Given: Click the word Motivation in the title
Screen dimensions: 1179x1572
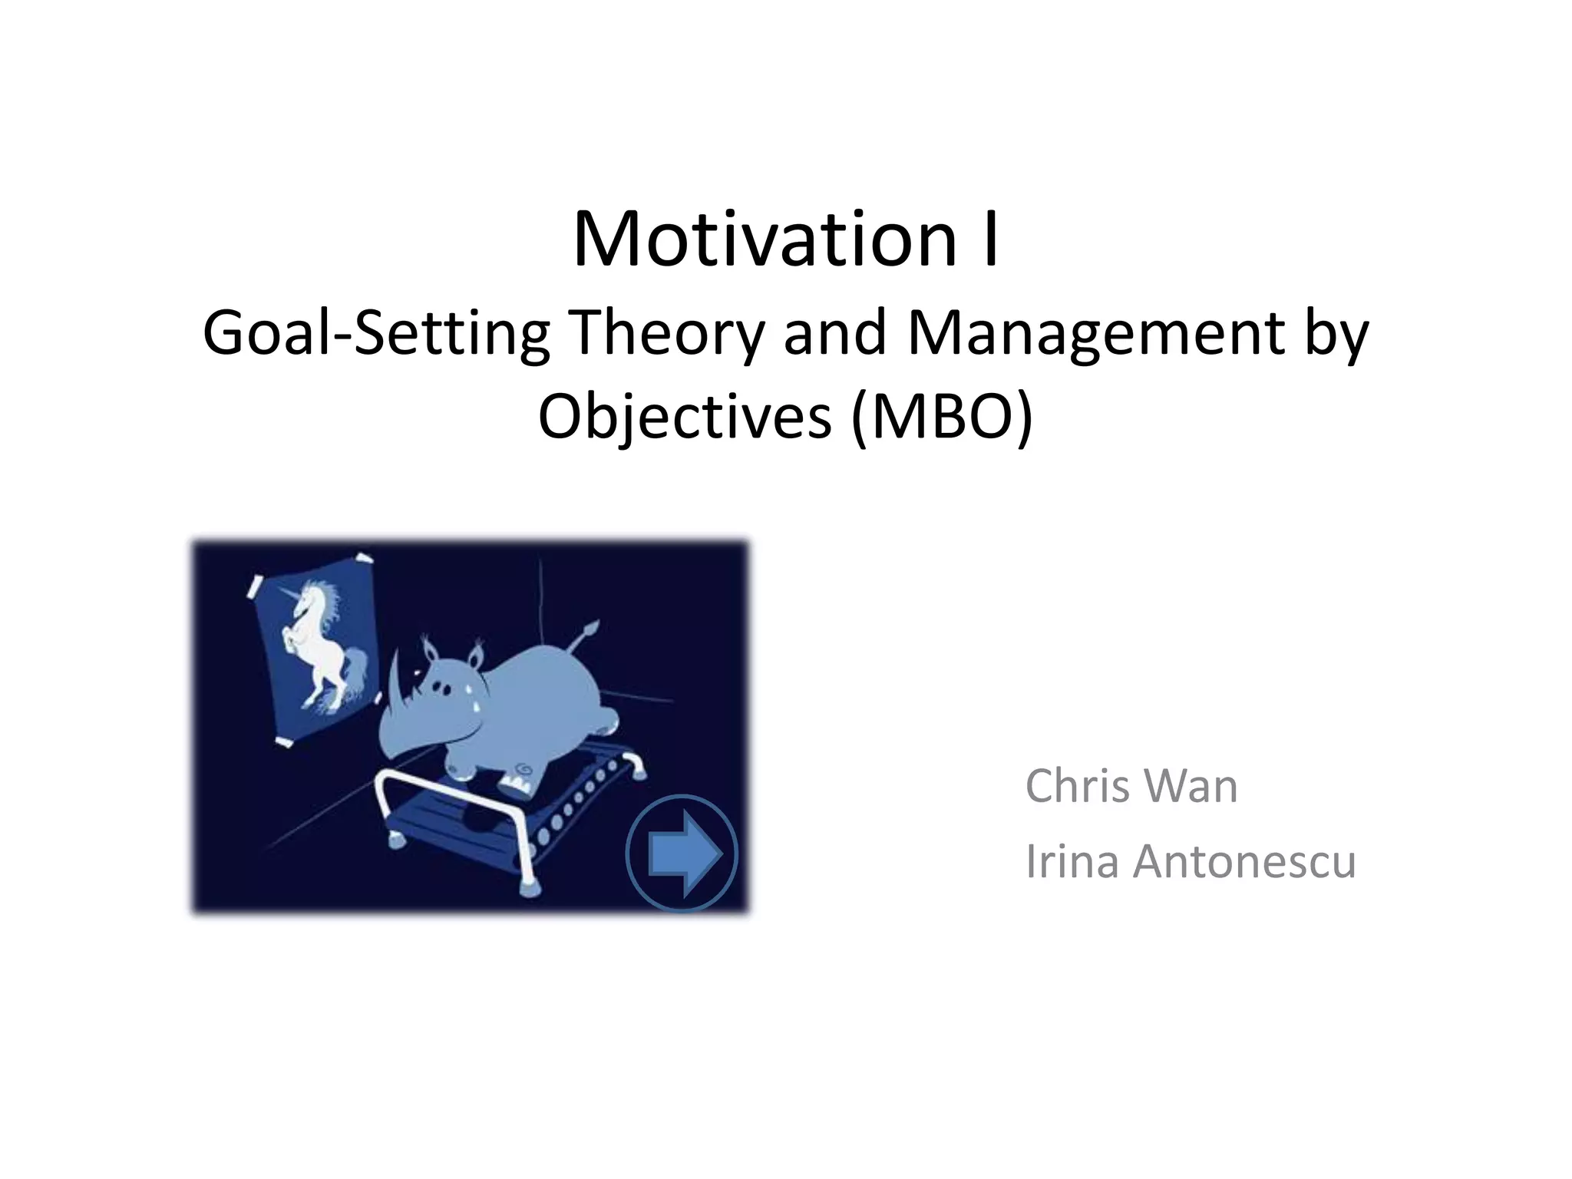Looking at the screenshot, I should (x=764, y=239).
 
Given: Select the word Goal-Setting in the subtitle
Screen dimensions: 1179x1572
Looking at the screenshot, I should (x=376, y=334).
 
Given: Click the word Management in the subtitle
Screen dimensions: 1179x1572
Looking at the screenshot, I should (x=1096, y=334).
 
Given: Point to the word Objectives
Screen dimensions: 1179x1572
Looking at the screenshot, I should (x=685, y=417).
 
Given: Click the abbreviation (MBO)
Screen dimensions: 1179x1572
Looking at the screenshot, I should (x=943, y=417).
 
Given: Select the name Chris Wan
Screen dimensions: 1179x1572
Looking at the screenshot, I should (x=1131, y=786).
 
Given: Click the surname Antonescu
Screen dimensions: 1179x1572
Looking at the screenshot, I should (x=1245, y=861).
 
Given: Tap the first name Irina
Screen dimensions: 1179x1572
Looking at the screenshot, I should (x=1072, y=861).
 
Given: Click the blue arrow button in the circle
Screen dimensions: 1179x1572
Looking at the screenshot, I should (x=682, y=854).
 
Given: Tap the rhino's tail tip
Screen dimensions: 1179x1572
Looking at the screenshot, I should (x=589, y=629).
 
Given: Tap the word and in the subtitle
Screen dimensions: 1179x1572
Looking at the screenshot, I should (x=835, y=334).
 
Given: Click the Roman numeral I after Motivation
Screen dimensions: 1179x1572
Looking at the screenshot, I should (x=990, y=239).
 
